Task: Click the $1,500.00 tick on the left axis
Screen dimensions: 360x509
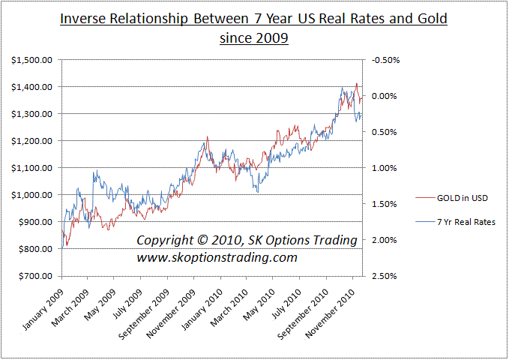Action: coord(31,60)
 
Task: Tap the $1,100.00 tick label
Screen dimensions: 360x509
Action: coord(31,168)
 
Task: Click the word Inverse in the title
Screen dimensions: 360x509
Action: coord(83,17)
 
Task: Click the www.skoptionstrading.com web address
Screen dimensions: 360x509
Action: coord(217,257)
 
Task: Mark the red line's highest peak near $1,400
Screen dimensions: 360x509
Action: coord(356,84)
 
